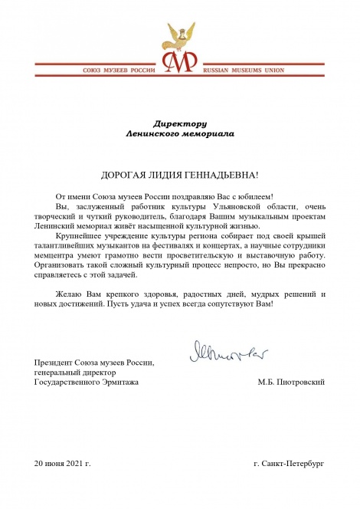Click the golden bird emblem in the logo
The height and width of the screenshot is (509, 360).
(180, 35)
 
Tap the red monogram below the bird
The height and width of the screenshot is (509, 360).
(181, 64)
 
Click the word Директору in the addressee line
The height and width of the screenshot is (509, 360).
(181, 123)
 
